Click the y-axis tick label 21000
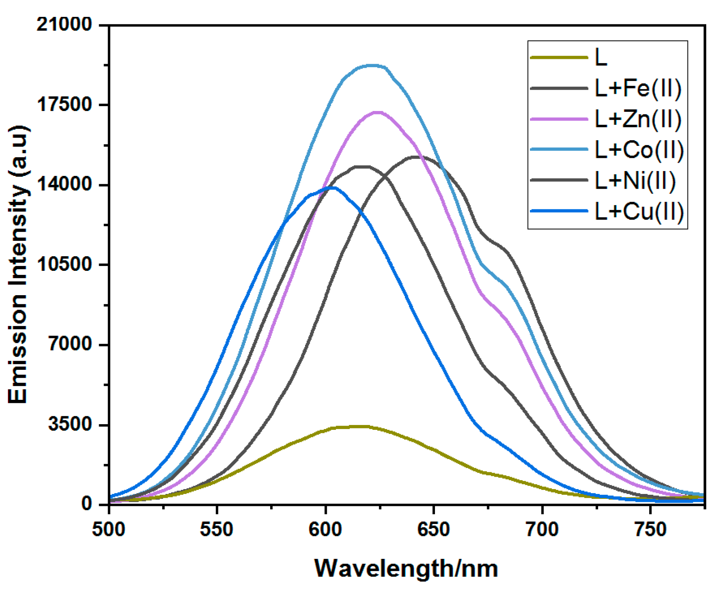coord(64,24)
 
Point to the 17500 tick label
coord(64,104)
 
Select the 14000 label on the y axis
coord(64,184)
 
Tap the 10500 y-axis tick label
coord(64,264)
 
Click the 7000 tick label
coord(70,344)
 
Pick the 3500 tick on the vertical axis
coord(70,424)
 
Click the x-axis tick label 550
coord(217,529)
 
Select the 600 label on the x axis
coord(325,529)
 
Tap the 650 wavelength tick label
coord(433,529)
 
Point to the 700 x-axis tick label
coord(542,529)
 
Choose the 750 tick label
coord(650,529)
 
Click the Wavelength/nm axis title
coord(406,569)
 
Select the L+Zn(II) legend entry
coord(638,119)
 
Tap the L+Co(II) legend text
coord(639,150)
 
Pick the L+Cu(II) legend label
coord(639,211)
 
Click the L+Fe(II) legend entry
coord(638,88)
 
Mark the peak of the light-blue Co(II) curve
coord(372,66)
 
